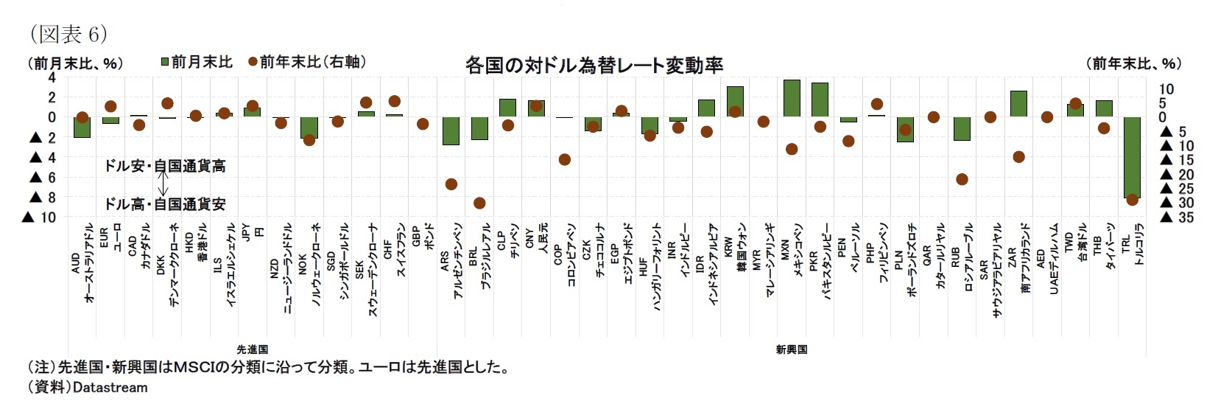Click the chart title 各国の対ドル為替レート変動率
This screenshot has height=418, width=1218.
coord(594,65)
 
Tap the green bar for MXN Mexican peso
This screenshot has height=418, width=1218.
coord(792,98)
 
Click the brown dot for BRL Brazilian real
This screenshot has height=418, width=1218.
coord(479,203)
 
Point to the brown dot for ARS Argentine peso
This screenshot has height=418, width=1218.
coord(451,184)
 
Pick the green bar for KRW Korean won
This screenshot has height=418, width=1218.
coord(735,102)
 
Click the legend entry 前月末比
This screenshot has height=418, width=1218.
coord(197,62)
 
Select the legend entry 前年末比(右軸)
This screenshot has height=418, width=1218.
coord(307,62)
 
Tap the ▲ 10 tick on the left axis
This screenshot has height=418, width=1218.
coord(40,217)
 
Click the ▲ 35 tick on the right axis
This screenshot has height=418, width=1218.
coord(1177,217)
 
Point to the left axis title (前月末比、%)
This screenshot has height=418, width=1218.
coord(76,63)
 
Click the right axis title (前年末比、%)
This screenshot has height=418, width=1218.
coord(1133,63)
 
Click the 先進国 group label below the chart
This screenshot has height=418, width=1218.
coord(252,349)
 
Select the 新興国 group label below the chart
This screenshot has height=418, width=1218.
coord(792,349)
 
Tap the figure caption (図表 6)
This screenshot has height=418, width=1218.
coord(68,34)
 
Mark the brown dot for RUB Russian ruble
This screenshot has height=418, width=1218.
coord(962,179)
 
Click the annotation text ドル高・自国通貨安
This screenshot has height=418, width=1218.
coord(165,204)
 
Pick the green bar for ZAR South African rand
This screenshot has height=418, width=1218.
coord(1018,104)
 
